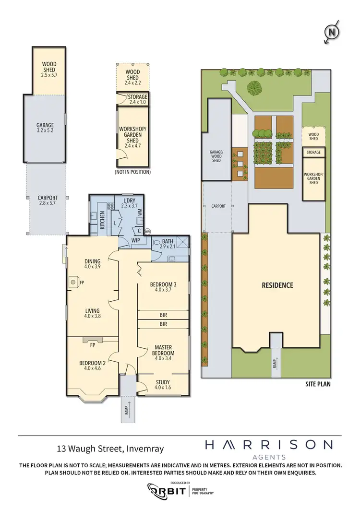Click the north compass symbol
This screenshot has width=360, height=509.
[x=332, y=33]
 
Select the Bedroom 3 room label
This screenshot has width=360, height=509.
[x=163, y=287]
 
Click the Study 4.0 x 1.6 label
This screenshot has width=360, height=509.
[x=163, y=385]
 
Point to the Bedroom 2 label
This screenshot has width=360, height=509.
[x=92, y=366]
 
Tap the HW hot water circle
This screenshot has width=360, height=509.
[x=148, y=231]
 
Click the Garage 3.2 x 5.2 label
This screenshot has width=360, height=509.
[x=45, y=129]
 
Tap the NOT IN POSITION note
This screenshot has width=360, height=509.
[x=132, y=172]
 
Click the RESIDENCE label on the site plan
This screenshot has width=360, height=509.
[x=277, y=285]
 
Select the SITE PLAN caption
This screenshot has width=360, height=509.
[x=317, y=384]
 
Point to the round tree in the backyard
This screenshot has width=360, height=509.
[x=255, y=87]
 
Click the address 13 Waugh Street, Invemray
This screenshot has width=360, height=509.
[x=110, y=449]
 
